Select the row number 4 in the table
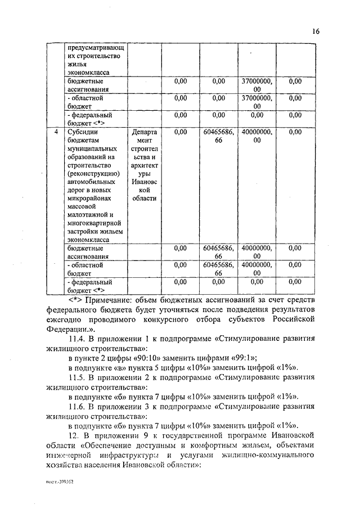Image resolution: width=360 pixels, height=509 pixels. coord(55,132)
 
